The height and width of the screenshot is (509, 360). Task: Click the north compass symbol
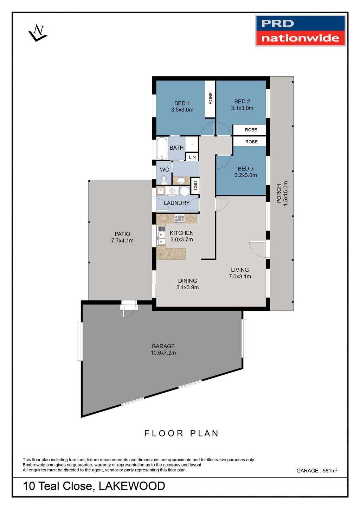tap(38, 33)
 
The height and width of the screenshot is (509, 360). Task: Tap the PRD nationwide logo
tap(301, 31)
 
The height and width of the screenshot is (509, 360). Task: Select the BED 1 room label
tap(182, 103)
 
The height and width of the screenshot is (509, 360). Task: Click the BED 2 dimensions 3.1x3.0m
tap(242, 108)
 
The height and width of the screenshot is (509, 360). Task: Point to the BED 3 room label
tap(245, 169)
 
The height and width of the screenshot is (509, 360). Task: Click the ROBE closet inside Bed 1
tap(210, 99)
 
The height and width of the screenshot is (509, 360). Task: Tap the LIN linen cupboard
tap(192, 157)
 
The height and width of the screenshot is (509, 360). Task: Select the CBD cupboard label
tap(195, 186)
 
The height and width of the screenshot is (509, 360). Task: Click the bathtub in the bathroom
tap(162, 148)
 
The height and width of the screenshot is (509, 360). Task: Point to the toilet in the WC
tap(164, 180)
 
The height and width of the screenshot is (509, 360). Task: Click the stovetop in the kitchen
tap(179, 219)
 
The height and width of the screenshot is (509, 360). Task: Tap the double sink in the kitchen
tap(162, 238)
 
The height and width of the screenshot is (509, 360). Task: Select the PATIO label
tap(122, 234)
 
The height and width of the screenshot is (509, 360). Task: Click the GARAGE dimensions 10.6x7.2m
tap(163, 353)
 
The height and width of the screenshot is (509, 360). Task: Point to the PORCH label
tap(279, 194)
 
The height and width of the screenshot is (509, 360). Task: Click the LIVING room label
tap(240, 270)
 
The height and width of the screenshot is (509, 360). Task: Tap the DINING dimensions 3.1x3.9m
tap(187, 287)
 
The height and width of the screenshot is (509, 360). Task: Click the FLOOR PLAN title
tap(181, 433)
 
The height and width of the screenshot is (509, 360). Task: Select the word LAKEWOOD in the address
tap(132, 486)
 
